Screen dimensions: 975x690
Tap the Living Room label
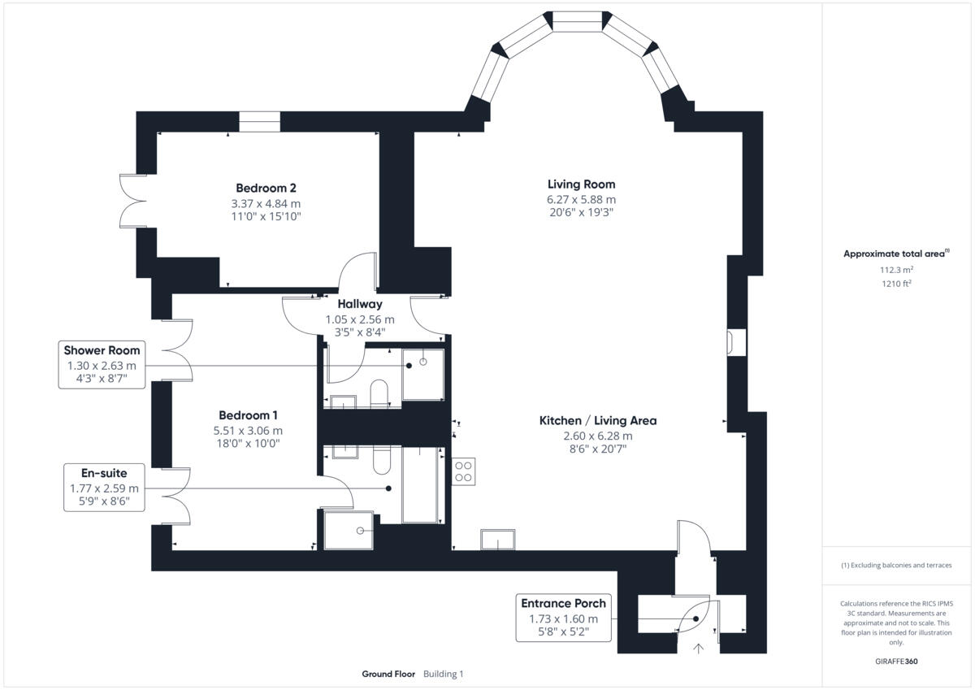point(581,184)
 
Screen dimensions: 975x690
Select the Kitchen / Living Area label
point(597,421)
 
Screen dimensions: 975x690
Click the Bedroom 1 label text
point(248,414)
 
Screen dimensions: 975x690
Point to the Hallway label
point(360,304)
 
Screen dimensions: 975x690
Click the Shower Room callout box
point(102,365)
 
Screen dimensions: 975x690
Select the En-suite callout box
point(104,487)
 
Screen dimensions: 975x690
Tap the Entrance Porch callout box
point(564,617)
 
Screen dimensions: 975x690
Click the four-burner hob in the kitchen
point(464,471)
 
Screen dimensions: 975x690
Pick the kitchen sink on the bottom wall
point(497,540)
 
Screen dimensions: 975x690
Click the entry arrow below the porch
point(697,648)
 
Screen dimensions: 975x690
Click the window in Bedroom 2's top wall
point(259,121)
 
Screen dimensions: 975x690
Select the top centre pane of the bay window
point(578,20)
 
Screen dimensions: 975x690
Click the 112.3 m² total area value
point(895,269)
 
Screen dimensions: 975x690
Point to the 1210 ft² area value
point(895,284)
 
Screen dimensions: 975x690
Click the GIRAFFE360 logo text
point(895,661)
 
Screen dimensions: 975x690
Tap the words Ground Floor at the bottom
point(388,674)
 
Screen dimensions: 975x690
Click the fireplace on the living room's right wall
point(735,342)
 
